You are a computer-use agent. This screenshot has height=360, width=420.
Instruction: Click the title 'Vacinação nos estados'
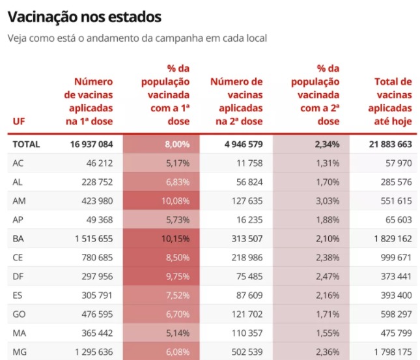[x=85, y=17]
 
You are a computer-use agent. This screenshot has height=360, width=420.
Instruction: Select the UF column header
[x=19, y=121]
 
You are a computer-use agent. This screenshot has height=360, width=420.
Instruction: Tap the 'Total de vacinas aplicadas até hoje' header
[x=390, y=102]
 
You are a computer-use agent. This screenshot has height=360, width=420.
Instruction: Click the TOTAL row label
[x=26, y=145]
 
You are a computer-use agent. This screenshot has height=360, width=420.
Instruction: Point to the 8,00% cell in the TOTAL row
[x=177, y=145]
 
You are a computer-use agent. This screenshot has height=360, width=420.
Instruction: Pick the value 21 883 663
[x=391, y=145]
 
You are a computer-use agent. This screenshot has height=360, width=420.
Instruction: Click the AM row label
[x=19, y=201]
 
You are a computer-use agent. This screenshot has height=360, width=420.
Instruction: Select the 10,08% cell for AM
[x=175, y=201]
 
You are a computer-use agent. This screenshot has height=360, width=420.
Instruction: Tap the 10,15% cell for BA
[x=175, y=239]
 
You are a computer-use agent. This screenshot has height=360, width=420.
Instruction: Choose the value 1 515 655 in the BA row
[x=94, y=239]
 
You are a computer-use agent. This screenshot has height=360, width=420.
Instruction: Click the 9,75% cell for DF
[x=178, y=277]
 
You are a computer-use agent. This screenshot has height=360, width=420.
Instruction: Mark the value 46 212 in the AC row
[x=100, y=163]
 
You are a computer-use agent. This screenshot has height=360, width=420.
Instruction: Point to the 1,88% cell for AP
[x=328, y=220]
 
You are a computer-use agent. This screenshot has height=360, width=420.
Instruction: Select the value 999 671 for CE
[x=396, y=258]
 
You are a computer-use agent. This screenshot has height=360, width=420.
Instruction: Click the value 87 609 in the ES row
[x=249, y=296]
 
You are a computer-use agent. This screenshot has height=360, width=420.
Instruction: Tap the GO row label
[x=19, y=314]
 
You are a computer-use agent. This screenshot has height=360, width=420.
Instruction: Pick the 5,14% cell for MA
[x=178, y=333]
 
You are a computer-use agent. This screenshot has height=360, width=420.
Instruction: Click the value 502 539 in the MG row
[x=247, y=352]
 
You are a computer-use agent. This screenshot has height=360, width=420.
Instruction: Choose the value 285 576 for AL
[x=397, y=182]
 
